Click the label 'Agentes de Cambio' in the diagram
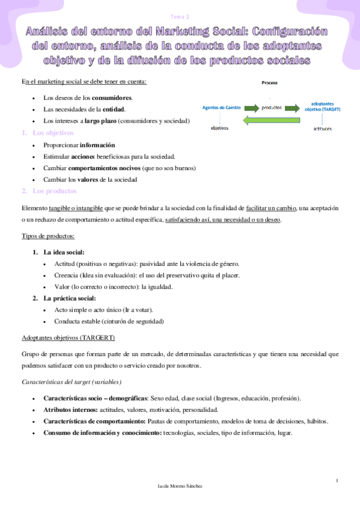click(222, 107)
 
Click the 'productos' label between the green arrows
click(272, 108)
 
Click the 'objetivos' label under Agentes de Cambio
click(219, 127)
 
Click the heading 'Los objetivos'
click(52, 133)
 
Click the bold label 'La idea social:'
click(64, 252)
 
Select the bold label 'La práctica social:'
click(69, 298)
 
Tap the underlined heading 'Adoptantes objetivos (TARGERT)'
click(67, 337)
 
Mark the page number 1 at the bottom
click(337, 480)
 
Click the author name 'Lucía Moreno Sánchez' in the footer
click(179, 486)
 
